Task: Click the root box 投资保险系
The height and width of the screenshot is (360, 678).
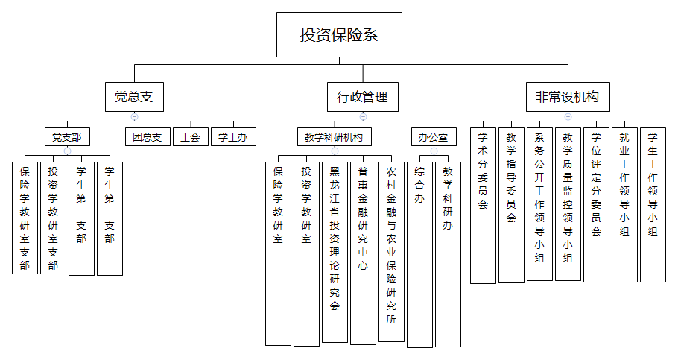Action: pyautogui.click(x=339, y=34)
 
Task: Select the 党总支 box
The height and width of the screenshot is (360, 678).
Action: pyautogui.click(x=134, y=97)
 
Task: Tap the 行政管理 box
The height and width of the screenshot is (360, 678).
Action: pyautogui.click(x=362, y=97)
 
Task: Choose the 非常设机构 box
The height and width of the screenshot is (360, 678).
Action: pyautogui.click(x=567, y=97)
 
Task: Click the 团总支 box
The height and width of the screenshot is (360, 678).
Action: pyautogui.click(x=147, y=137)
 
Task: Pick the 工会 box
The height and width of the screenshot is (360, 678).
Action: pyautogui.click(x=191, y=137)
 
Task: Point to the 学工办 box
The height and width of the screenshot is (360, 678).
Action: pyautogui.click(x=233, y=137)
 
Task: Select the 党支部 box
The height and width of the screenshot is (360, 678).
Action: pyautogui.click(x=66, y=137)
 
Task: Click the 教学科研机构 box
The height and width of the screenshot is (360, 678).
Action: pyautogui.click(x=334, y=137)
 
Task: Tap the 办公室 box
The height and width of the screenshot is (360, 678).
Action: pyautogui.click(x=433, y=137)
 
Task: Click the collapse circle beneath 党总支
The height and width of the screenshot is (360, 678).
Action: pyautogui.click(x=134, y=116)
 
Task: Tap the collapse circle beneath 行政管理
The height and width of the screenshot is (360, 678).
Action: pyautogui.click(x=363, y=116)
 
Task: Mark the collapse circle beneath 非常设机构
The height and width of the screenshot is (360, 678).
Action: pyautogui.click(x=568, y=116)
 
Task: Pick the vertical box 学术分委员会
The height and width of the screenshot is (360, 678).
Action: pyautogui.click(x=483, y=206)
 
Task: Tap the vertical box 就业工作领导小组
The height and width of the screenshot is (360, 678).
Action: pyautogui.click(x=624, y=205)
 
